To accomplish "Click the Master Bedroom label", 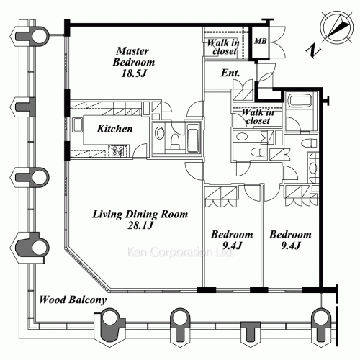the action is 134,56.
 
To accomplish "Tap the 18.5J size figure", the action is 134,73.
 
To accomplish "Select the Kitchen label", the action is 114,129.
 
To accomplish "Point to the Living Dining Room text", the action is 140,214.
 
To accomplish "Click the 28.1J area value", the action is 140,225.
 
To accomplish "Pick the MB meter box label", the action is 261,41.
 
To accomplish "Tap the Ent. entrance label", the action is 230,73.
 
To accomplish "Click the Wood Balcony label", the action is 73,300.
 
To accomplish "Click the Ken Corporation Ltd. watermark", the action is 179,252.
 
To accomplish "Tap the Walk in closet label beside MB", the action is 224,47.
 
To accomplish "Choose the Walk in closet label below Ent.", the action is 258,116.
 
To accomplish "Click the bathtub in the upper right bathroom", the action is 300,101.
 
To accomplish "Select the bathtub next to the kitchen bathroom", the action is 194,138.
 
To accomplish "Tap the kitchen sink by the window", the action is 77,125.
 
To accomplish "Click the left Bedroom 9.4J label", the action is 232,240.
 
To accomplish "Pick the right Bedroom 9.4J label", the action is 290,240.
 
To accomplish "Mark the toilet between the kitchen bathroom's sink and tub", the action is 175,142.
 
